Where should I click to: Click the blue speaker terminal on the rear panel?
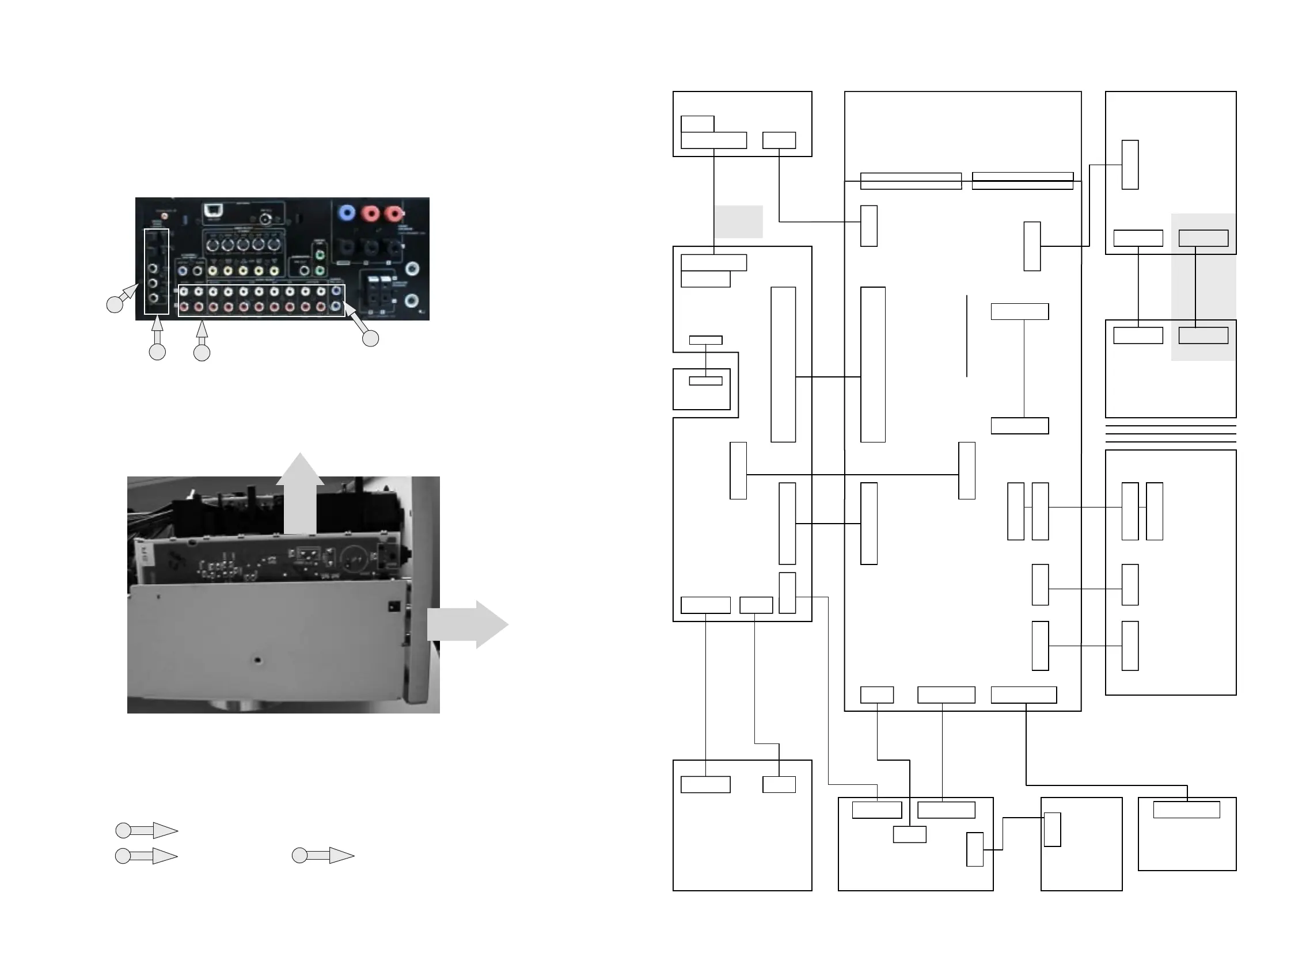tap(347, 212)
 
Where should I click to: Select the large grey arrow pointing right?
tap(467, 624)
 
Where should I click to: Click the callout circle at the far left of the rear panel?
tap(115, 304)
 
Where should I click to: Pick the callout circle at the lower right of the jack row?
tap(370, 338)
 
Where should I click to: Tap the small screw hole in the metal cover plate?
tap(257, 660)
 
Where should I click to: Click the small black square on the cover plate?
tap(393, 606)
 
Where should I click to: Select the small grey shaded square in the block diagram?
tap(738, 222)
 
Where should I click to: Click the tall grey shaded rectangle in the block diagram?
tap(1204, 287)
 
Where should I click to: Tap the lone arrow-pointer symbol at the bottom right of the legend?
tap(323, 855)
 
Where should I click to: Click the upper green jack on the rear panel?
tap(320, 255)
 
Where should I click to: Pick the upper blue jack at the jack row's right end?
tap(336, 291)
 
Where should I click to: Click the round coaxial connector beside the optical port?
tap(266, 219)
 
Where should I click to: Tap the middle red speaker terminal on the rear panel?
tap(370, 213)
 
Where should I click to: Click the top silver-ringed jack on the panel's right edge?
tap(413, 269)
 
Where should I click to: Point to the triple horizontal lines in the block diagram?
tap(1171, 434)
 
